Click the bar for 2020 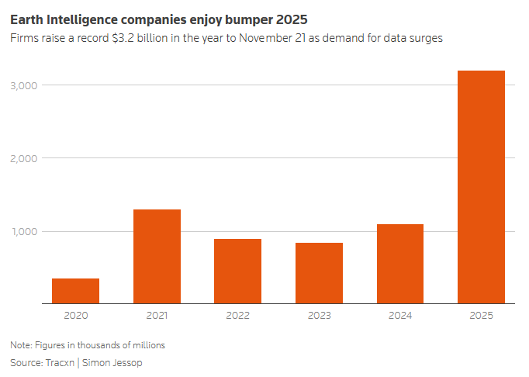tap(75, 291)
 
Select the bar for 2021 tap(157, 257)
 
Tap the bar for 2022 tap(237, 272)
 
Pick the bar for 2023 tap(319, 273)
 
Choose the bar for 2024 tap(400, 264)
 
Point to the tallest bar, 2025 tap(481, 187)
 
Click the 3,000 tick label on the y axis tap(24, 85)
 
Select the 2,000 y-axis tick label tap(24, 158)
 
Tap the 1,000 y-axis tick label tap(24, 231)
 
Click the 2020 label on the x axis tap(75, 316)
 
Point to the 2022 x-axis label tap(237, 316)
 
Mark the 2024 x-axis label tap(400, 316)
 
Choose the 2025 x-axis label tap(481, 316)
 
